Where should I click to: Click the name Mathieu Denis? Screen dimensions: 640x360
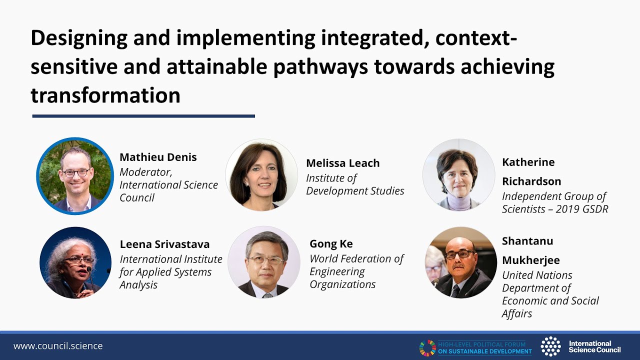(158, 157)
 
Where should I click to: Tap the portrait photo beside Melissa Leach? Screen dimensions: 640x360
(261, 175)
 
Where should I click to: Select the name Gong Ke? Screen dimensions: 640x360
(331, 243)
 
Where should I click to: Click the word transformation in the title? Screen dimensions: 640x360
(105, 95)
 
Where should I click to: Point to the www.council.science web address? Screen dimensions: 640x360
(58, 346)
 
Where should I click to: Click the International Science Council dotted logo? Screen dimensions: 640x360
(550, 346)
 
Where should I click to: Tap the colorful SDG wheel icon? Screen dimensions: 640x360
(427, 347)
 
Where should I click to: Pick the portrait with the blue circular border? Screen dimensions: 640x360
(75, 176)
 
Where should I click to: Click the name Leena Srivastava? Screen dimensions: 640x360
(164, 244)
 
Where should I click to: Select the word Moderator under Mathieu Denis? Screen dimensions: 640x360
(145, 172)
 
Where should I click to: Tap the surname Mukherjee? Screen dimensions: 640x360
(531, 260)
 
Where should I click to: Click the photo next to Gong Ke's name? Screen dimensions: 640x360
(264, 262)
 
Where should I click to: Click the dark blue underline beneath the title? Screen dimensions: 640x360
(143, 116)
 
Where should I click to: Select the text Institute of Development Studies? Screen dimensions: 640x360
(355, 184)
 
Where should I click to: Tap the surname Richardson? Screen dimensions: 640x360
(531, 181)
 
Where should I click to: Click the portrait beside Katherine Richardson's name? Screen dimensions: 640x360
(459, 175)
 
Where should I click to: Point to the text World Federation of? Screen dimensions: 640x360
(356, 259)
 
